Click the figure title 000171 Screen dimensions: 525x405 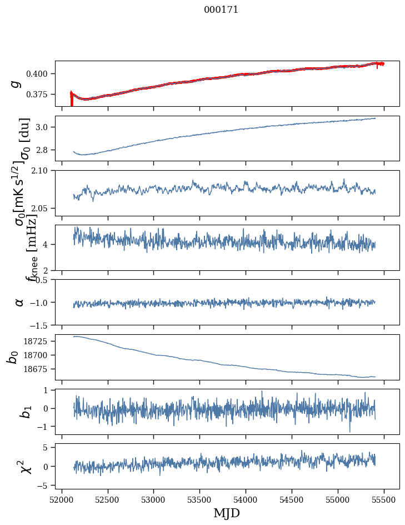[x=221, y=10]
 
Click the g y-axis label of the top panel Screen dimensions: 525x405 [x=17, y=83]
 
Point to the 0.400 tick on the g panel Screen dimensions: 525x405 [x=41, y=73]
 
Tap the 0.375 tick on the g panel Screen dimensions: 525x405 [x=41, y=95]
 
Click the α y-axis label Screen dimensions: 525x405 [x=19, y=302]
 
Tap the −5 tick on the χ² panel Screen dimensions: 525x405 [x=46, y=486]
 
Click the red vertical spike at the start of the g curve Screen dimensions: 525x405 [x=71, y=100]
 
